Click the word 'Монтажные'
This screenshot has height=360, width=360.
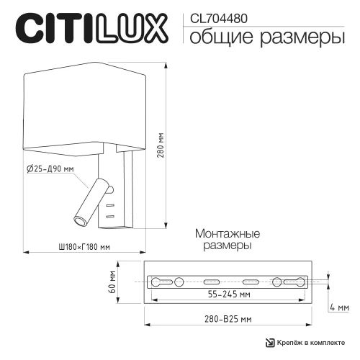pyautogui.click(x=227, y=235)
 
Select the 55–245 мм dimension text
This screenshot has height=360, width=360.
pyautogui.click(x=225, y=294)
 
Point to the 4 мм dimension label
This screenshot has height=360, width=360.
pyautogui.click(x=343, y=307)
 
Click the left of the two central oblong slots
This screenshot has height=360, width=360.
pyautogui.click(x=212, y=281)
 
